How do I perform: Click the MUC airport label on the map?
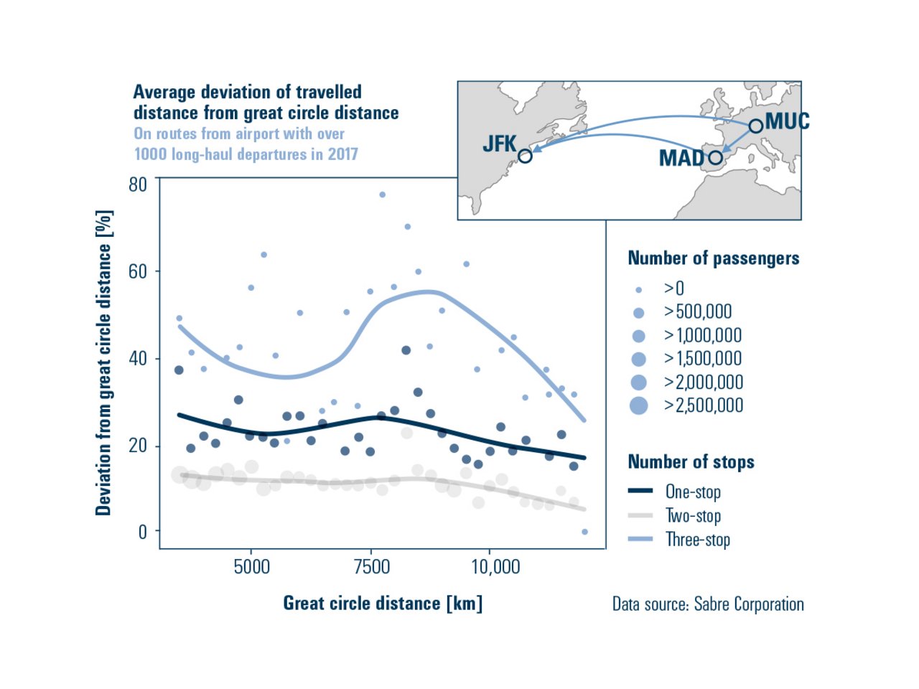[788, 121]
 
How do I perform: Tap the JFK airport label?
[499, 144]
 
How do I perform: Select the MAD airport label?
[681, 158]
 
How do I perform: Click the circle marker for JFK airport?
[525, 156]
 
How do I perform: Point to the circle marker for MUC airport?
[755, 126]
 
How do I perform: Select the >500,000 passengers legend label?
[698, 311]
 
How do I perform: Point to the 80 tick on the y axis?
[138, 184]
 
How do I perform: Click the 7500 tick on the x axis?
[371, 567]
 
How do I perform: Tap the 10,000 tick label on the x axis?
[495, 567]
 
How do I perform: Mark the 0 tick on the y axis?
[142, 532]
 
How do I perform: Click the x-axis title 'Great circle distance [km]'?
[383, 603]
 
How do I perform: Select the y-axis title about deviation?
[104, 362]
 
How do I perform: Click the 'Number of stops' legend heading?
[691, 461]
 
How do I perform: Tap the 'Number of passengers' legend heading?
[713, 258]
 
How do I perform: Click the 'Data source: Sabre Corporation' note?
[707, 604]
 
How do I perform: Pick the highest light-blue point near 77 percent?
[382, 194]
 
